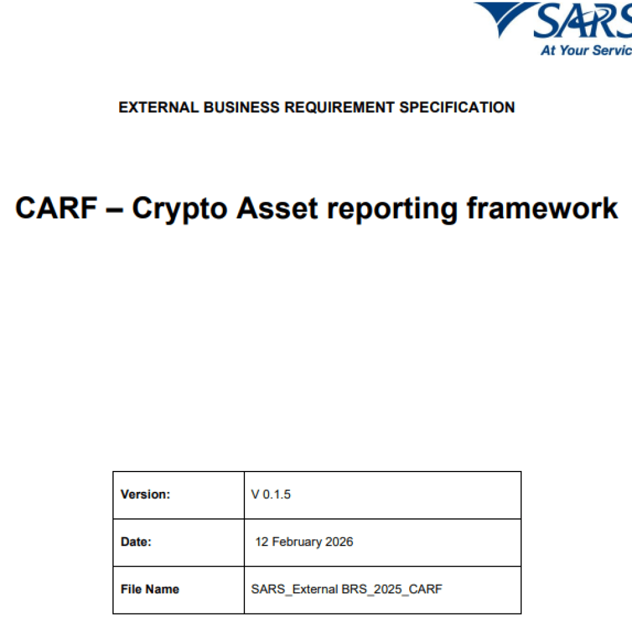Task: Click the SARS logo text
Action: click(x=583, y=20)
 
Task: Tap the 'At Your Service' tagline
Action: click(x=586, y=51)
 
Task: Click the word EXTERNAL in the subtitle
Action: click(x=159, y=107)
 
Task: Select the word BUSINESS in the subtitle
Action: click(x=241, y=107)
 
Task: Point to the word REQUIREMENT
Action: click(x=339, y=107)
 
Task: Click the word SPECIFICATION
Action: click(x=457, y=107)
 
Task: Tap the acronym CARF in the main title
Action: click(x=56, y=209)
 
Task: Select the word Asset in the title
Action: click(x=278, y=209)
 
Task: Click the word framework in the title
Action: click(x=542, y=209)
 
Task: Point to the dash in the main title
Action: click(x=115, y=210)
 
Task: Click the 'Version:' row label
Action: click(x=146, y=494)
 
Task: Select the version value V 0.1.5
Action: click(x=271, y=494)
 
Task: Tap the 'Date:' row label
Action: click(x=136, y=542)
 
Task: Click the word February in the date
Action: click(x=297, y=543)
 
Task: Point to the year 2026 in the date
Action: click(x=339, y=542)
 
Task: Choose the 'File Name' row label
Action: click(x=150, y=589)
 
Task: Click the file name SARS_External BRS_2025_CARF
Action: click(x=347, y=589)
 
